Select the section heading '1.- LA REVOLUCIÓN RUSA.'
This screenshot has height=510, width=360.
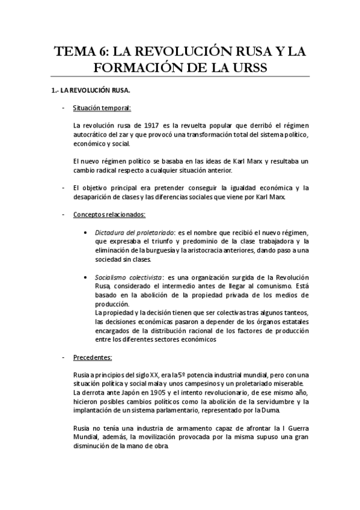pyautogui.click(x=90, y=90)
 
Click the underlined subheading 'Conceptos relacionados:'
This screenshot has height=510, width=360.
pyautogui.click(x=109, y=214)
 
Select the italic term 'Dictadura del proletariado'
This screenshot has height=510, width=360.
pyautogui.click(x=131, y=232)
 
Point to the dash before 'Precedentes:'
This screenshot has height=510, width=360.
pyautogui.click(x=63, y=358)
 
